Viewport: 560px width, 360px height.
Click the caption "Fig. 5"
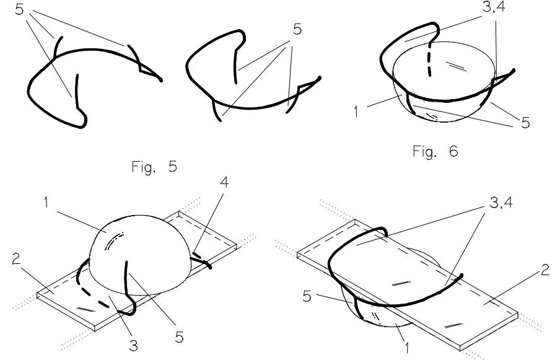(154, 167)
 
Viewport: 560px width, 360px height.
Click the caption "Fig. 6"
(435, 151)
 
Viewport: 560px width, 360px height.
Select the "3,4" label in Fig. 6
(494, 7)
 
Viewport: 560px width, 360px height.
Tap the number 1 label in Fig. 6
(356, 112)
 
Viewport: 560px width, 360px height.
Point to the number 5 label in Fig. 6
(525, 123)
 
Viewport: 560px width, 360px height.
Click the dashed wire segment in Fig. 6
(430, 59)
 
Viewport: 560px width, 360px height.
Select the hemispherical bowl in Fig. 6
(444, 82)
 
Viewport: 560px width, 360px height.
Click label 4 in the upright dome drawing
(224, 182)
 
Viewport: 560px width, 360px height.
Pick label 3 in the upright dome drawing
(133, 345)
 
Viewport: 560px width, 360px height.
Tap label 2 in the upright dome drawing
(16, 259)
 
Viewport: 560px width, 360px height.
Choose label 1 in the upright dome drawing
(46, 203)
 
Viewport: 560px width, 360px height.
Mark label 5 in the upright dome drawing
(179, 337)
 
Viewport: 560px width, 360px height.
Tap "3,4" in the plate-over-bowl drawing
(501, 203)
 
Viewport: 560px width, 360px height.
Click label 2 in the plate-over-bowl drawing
(545, 270)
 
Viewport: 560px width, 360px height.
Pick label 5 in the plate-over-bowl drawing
(307, 296)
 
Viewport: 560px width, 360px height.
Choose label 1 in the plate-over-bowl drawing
(406, 347)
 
